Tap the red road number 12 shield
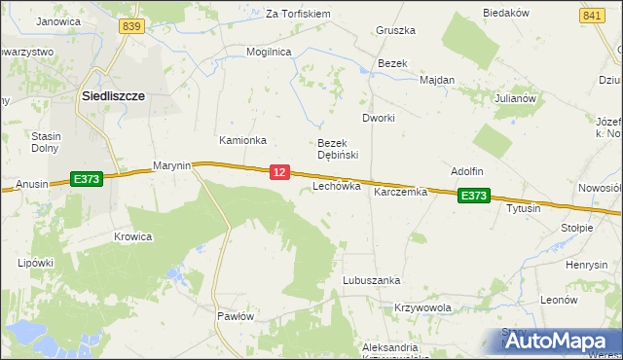point(279,172)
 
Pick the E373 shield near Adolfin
point(474,196)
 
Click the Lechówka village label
point(337,185)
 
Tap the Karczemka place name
point(401,193)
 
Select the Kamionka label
point(242,140)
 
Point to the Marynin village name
point(172,166)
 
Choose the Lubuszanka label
point(371,280)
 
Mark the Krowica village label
point(132,236)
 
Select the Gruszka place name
point(396,30)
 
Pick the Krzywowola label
point(423,307)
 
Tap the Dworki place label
point(378,118)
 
